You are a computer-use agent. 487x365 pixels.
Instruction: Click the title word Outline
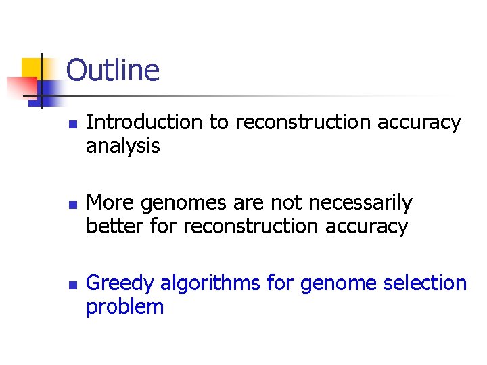113,71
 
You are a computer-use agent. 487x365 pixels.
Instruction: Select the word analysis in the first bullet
122,146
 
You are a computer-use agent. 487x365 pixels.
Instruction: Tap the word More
109,203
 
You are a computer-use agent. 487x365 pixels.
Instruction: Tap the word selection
425,283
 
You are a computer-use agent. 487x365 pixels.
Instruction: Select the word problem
124,307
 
